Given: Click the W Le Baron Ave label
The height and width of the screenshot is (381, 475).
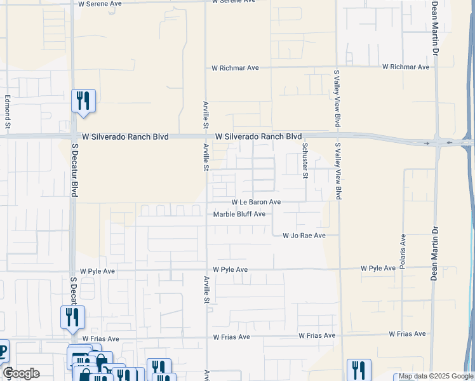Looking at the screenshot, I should coord(255,202).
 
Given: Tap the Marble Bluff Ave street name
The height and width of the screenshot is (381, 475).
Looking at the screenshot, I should coord(239,215).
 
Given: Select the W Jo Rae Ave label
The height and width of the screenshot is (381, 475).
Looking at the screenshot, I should coord(304,236).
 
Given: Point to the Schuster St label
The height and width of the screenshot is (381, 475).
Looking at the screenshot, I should coord(305,161).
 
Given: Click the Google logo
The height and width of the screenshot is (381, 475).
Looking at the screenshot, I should coord(21,373).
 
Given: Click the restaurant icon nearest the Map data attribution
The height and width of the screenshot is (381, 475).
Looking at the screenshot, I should coord(359,370).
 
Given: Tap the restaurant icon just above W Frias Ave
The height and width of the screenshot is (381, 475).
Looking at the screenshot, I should coord(72,317).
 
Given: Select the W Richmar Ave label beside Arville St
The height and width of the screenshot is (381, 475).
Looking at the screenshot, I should coord(235,68).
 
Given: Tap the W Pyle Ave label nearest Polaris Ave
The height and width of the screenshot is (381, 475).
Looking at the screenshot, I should coord(378,269).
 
